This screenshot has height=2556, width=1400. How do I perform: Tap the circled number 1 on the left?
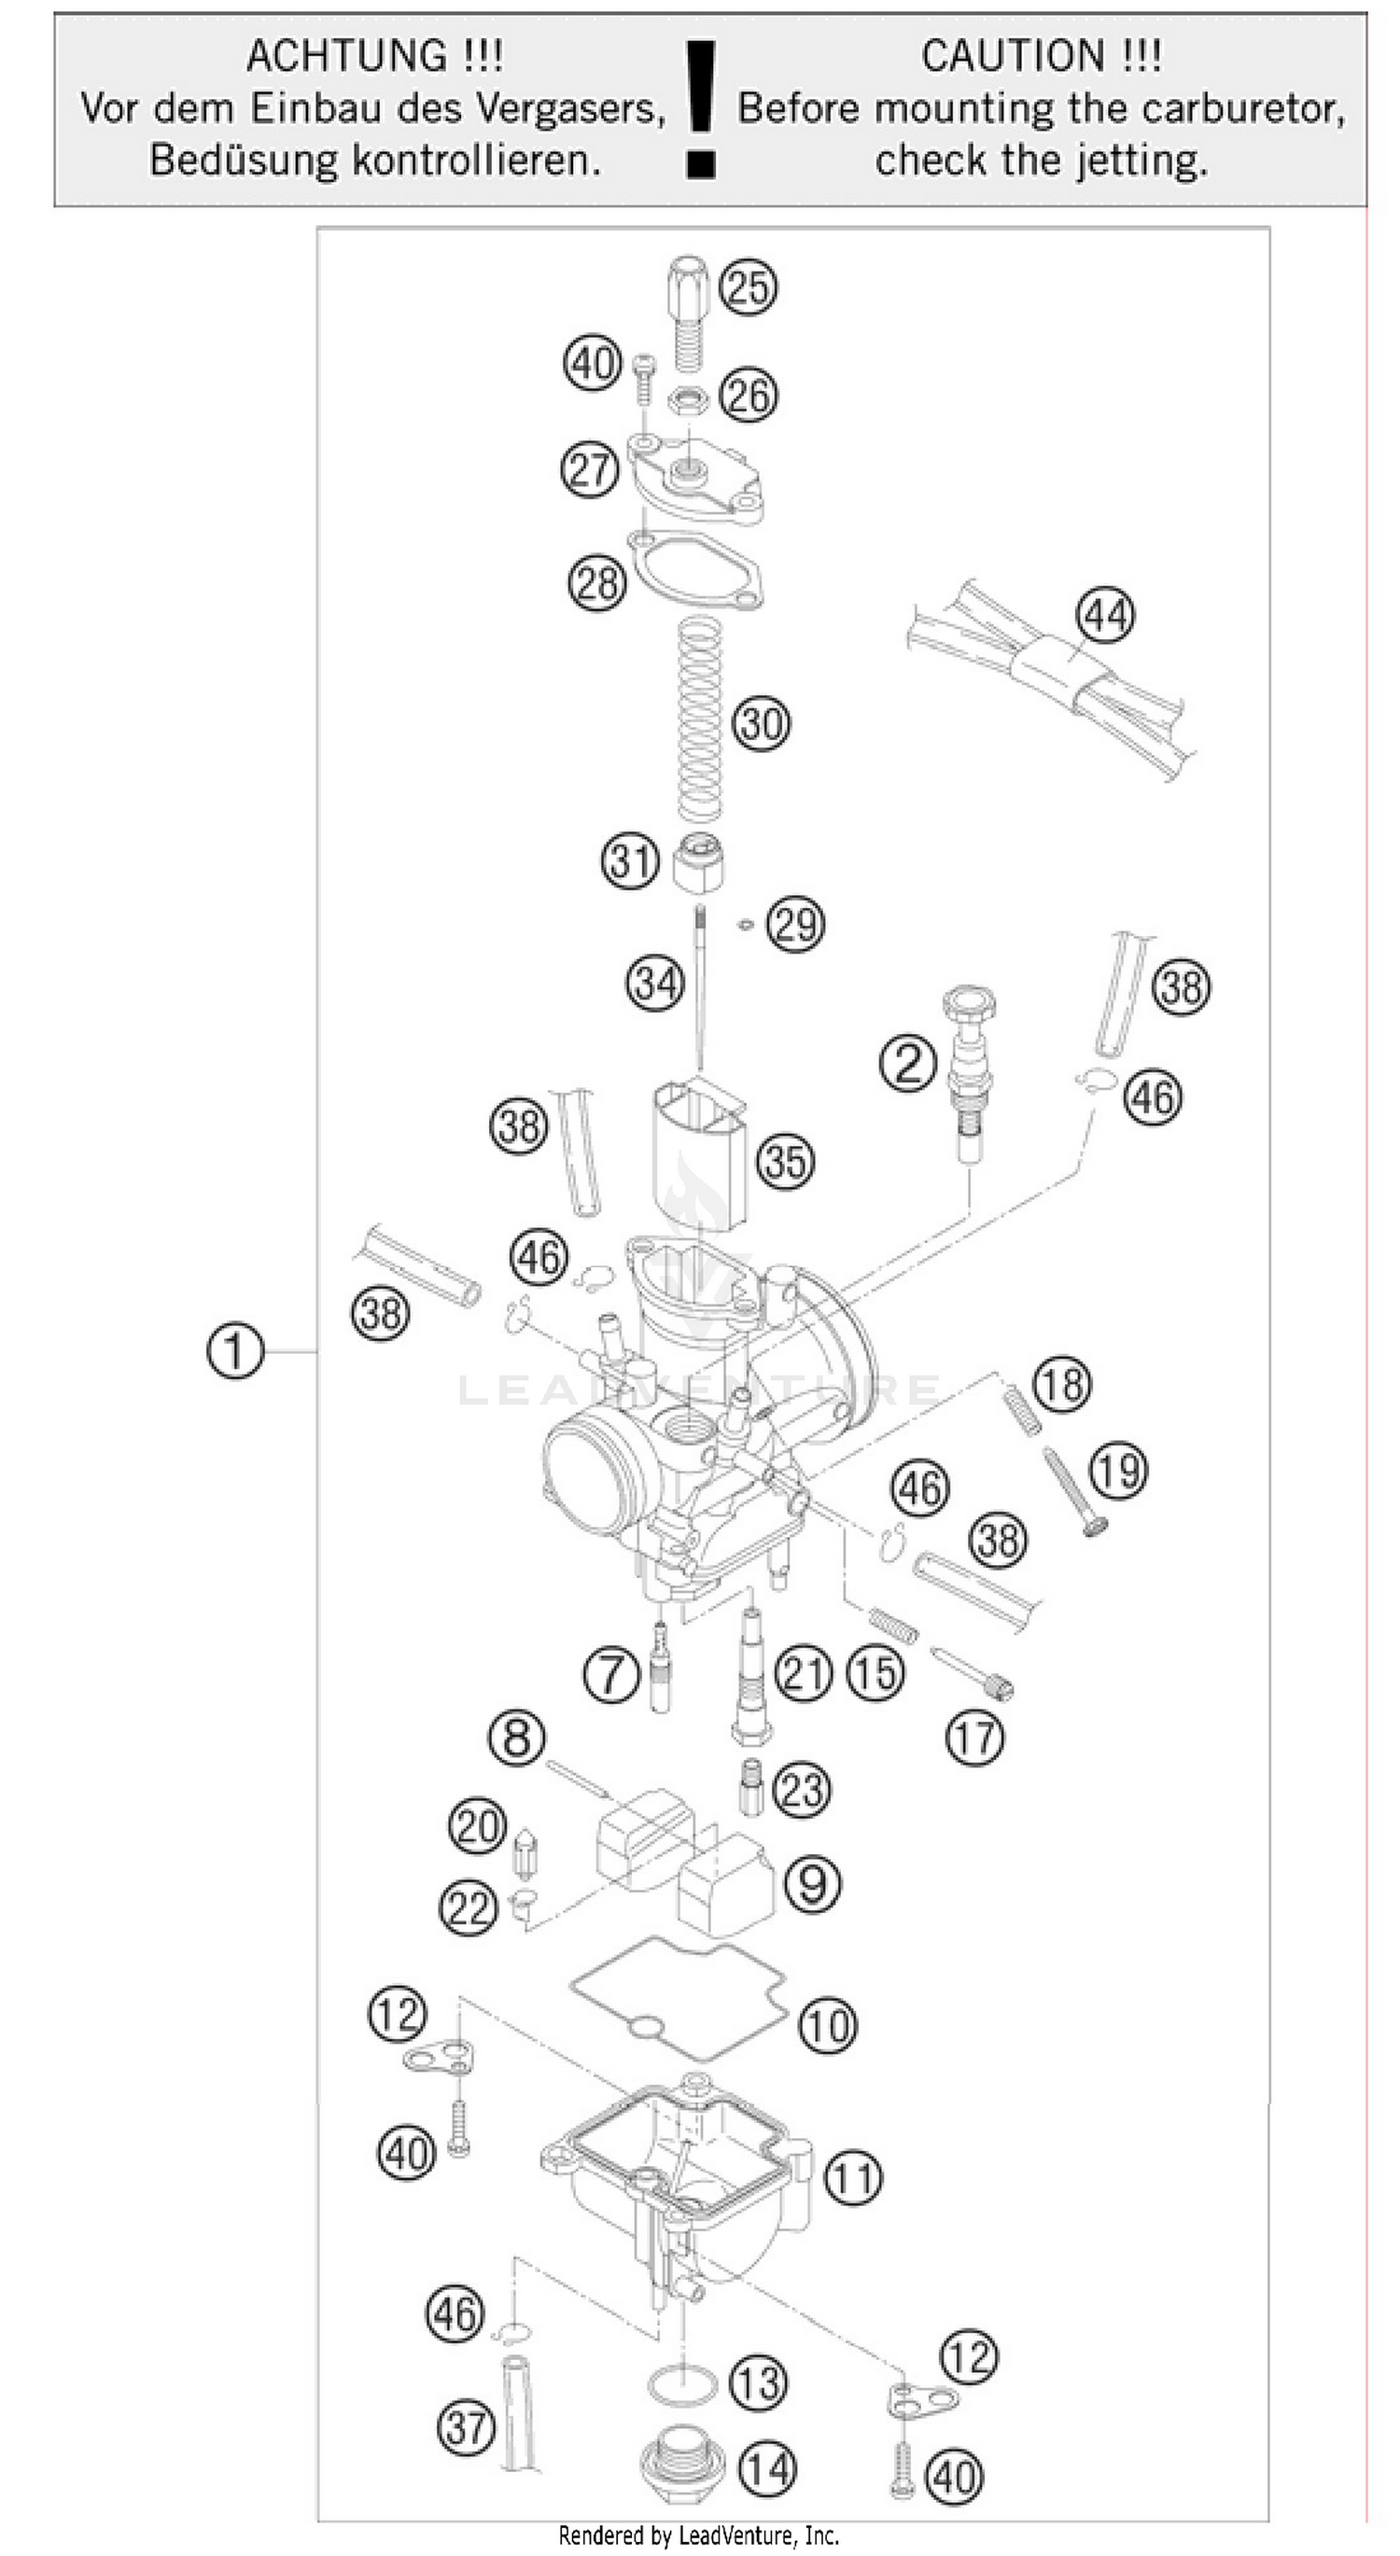235,1351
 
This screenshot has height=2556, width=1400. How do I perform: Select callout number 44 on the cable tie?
1106,615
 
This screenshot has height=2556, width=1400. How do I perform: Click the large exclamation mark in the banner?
702,109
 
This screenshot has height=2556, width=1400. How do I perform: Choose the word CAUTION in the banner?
1013,56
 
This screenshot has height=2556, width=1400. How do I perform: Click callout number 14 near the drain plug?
768,2468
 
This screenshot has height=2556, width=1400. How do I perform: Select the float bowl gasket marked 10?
678,1996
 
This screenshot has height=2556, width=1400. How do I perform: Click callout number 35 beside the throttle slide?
786,1161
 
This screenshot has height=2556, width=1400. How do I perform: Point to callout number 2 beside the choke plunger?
908,1064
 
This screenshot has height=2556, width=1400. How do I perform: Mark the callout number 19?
1119,1470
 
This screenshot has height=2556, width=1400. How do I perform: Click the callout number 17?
974,1738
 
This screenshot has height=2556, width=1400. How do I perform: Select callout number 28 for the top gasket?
597,582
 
